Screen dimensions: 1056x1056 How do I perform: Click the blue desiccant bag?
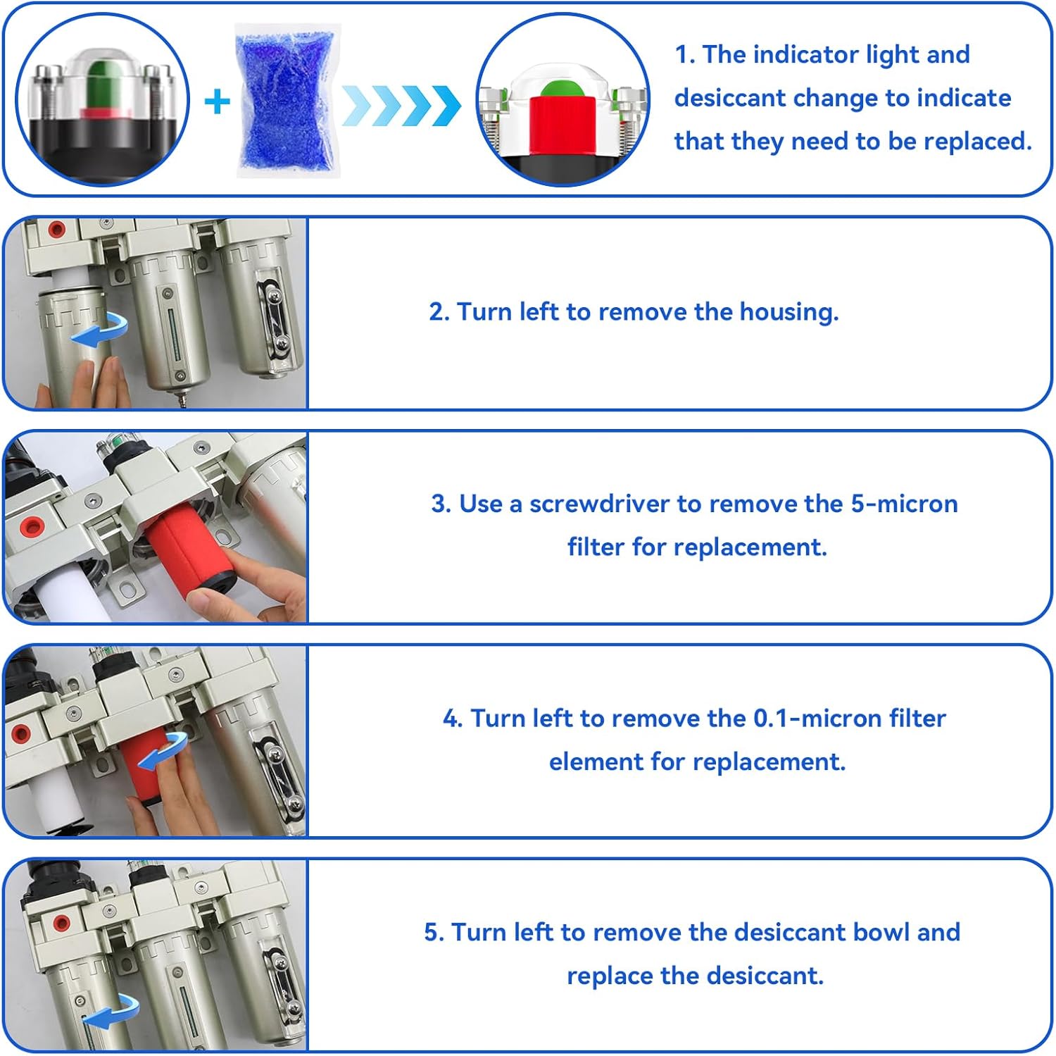click(287, 100)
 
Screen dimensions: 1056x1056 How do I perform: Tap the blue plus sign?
click(217, 102)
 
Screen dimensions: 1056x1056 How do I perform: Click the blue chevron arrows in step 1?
click(401, 106)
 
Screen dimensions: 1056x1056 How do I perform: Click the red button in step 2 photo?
click(56, 229)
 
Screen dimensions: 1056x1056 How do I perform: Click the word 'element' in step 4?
click(596, 762)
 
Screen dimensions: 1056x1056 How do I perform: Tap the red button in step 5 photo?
click(61, 923)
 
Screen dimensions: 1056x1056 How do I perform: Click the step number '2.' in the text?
click(439, 311)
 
